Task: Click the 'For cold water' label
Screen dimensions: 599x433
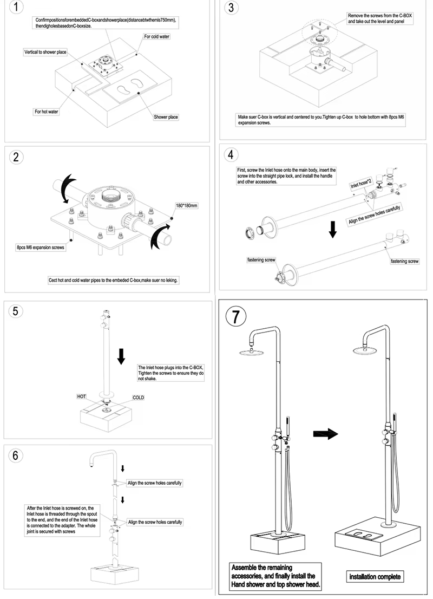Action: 156,37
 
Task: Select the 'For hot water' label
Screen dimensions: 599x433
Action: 47,112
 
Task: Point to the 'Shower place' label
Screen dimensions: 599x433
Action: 166,117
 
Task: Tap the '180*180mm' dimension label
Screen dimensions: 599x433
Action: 187,206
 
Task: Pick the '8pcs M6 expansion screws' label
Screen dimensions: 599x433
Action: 41,247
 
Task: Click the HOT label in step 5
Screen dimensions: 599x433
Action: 81,396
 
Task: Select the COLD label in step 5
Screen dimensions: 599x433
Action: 138,397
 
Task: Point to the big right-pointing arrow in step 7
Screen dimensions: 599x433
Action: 325,434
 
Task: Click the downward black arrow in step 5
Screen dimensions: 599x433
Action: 122,356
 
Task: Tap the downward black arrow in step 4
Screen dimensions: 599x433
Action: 333,229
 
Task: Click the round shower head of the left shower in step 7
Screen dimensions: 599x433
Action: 253,353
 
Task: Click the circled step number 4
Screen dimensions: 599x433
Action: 231,154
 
